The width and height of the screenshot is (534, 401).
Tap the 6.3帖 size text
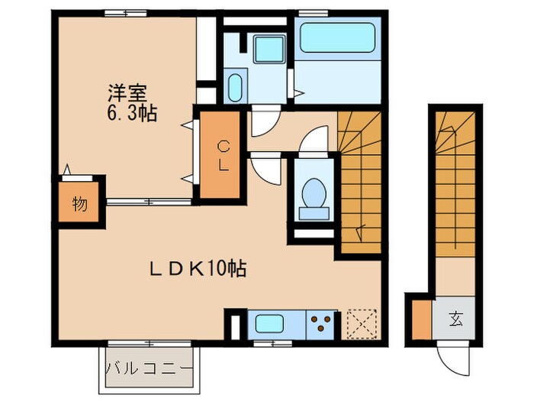click(131, 114)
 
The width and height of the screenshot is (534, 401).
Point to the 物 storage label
click(79, 204)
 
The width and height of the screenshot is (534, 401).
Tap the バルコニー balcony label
click(150, 368)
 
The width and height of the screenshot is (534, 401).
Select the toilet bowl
click(313, 192)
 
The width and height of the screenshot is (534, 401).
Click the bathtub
click(336, 37)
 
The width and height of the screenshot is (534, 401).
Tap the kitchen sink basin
click(270, 324)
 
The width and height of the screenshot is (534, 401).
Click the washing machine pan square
click(269, 47)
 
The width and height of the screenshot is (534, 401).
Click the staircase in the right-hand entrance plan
click(457, 183)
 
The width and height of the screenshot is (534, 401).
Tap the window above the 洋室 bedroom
click(125, 12)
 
